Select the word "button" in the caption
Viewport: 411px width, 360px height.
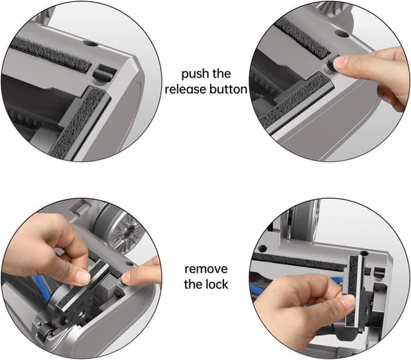point(229,89)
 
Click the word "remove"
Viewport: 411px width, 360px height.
point(206,269)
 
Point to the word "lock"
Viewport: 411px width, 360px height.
point(216,284)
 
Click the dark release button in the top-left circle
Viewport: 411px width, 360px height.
point(104,72)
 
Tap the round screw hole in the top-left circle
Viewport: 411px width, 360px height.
point(90,43)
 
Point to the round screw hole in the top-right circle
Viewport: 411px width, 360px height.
point(342,33)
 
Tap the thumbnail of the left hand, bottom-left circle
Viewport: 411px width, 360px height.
point(83,277)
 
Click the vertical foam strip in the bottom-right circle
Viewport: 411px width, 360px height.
point(353,291)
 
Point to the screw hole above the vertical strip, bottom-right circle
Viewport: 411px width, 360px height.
point(364,253)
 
